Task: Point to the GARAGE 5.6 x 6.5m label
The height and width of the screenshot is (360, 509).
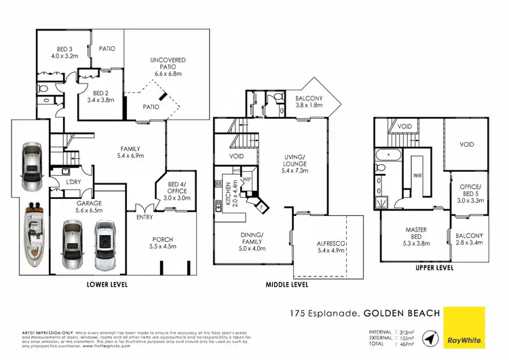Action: (x=71, y=207)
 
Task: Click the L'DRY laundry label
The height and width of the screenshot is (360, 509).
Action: (x=73, y=183)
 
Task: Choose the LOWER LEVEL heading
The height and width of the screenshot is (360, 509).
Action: (x=107, y=285)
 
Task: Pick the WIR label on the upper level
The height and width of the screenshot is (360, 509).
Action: (x=419, y=175)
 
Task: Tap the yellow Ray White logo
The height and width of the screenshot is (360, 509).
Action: (x=464, y=326)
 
